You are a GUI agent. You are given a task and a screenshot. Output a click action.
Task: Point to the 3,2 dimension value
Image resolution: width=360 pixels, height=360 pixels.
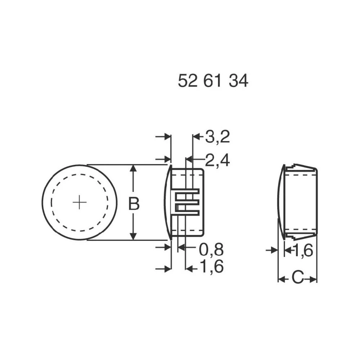click(217, 137)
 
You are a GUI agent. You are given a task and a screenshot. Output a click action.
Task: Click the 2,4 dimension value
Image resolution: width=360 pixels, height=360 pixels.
click(217, 159)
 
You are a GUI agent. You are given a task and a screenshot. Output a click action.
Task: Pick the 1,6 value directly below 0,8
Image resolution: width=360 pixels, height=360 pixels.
click(211, 267)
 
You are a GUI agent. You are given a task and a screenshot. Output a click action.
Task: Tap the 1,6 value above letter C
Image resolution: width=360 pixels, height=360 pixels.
click(303, 251)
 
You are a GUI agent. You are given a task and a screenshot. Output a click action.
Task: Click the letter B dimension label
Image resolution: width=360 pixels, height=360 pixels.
click(134, 204)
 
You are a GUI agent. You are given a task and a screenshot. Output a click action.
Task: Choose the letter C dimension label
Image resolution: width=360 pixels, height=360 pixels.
click(297, 278)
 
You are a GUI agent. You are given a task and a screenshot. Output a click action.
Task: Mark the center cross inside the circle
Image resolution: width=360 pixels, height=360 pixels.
click(80, 203)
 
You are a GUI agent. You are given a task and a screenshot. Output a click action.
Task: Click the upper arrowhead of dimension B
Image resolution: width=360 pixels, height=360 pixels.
click(134, 168)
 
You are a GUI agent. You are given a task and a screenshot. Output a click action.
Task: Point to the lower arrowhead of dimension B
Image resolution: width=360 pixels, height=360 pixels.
click(134, 237)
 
